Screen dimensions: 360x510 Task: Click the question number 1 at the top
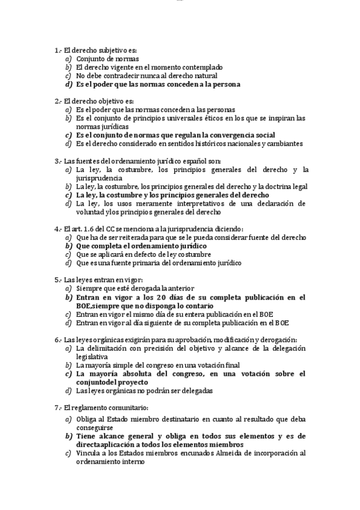(56, 51)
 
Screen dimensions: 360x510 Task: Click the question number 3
(56, 161)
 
